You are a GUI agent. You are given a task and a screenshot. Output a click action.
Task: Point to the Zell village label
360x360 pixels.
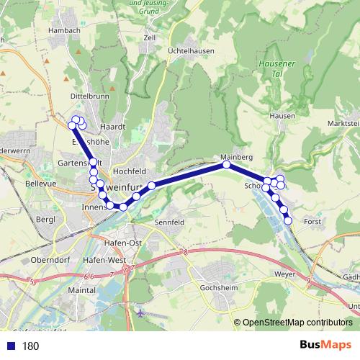(x=150, y=37)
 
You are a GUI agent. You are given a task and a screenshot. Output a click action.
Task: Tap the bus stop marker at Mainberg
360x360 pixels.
(x=226, y=165)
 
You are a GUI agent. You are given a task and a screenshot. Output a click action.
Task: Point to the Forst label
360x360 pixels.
(x=313, y=222)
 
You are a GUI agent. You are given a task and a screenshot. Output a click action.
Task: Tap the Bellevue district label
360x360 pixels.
(x=20, y=184)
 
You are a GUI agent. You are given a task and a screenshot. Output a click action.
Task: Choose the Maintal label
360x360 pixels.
(x=80, y=289)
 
